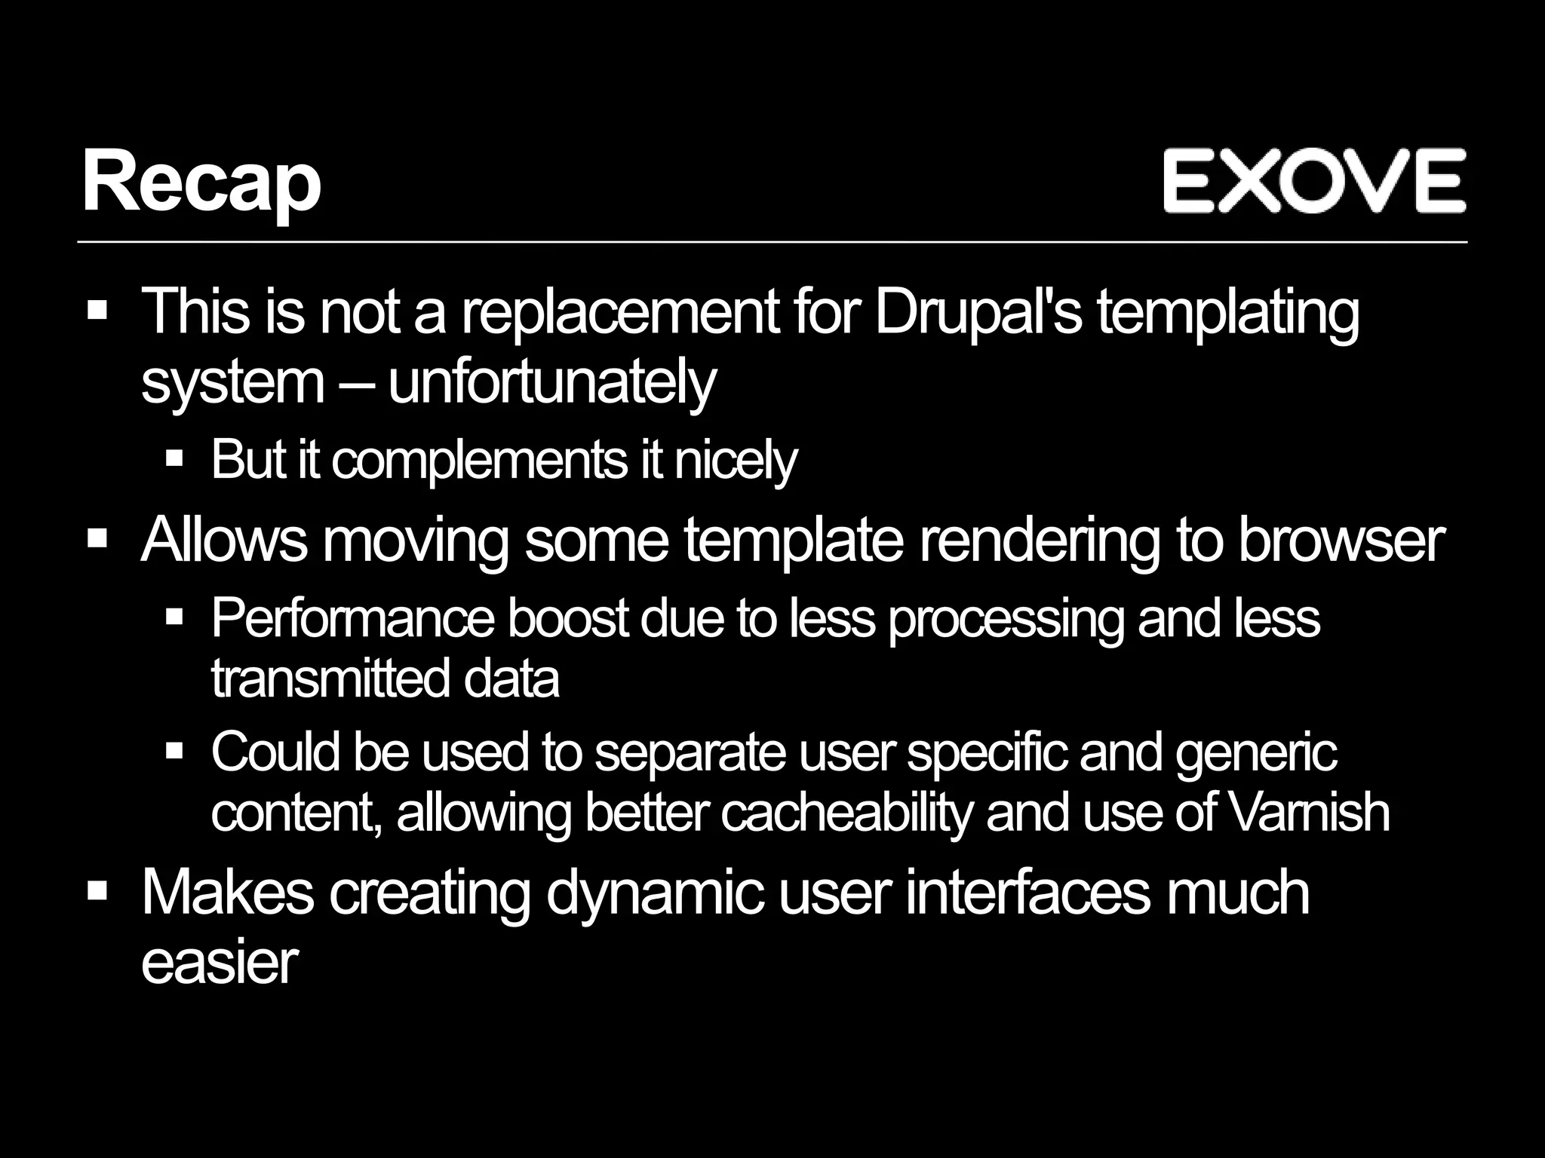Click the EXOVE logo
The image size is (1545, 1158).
pyautogui.click(x=1313, y=181)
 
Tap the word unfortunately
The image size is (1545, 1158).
pyautogui.click(x=551, y=382)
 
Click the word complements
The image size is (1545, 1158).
pyautogui.click(x=480, y=459)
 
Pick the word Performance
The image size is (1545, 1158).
pyautogui.click(x=353, y=618)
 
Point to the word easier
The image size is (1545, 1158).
pyautogui.click(x=220, y=963)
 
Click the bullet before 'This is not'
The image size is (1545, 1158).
pyautogui.click(x=98, y=311)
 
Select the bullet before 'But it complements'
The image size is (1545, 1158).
pyautogui.click(x=174, y=458)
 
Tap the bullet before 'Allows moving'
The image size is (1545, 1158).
pyautogui.click(x=98, y=539)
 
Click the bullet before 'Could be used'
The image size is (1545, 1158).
pyautogui.click(x=174, y=751)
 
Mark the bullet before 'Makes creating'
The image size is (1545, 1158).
pyautogui.click(x=98, y=892)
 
